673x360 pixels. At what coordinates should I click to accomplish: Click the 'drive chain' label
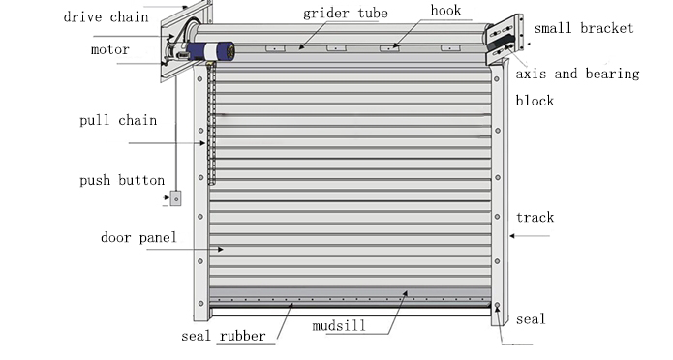point(106,16)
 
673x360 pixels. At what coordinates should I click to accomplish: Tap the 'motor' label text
point(109,49)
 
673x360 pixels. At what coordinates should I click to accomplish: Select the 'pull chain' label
point(117,121)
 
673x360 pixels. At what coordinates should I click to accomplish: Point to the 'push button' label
point(121,180)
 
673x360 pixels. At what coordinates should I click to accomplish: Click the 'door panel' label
point(138,237)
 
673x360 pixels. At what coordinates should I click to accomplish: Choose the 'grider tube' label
point(345,14)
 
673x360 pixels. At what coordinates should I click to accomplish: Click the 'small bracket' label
point(584,28)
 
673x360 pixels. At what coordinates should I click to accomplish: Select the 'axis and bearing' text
point(577,74)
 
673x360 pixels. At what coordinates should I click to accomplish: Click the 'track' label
point(535,218)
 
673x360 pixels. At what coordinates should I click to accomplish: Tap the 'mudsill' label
point(339,326)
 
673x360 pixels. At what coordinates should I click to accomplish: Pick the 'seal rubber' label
point(223,338)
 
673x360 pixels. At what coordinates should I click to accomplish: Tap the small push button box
point(175,198)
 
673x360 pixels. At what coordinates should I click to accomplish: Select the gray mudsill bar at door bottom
point(349,294)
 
